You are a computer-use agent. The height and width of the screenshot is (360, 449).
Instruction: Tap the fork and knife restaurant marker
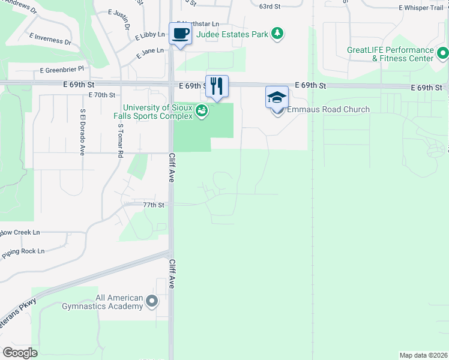tap(217, 85)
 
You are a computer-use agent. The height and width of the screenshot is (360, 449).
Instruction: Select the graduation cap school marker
tap(277, 97)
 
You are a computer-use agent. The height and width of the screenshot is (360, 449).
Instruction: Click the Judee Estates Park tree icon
tap(277, 34)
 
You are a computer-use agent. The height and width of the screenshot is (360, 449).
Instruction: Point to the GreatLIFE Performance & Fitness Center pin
tap(443, 54)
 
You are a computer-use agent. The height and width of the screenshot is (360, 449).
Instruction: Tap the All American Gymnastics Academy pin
tap(152, 301)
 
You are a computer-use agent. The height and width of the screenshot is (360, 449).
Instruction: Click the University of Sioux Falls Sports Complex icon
tap(202, 111)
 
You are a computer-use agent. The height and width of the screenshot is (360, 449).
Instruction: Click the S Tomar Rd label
tap(121, 141)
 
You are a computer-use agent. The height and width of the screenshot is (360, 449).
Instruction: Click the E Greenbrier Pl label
tap(62, 70)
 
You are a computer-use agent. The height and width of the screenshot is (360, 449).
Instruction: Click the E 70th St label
tap(101, 95)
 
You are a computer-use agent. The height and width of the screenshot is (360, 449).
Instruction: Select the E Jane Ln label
tap(150, 53)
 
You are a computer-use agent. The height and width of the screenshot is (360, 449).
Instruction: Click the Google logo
tap(20, 353)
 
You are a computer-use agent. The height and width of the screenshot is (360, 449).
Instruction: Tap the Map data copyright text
tap(423, 355)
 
